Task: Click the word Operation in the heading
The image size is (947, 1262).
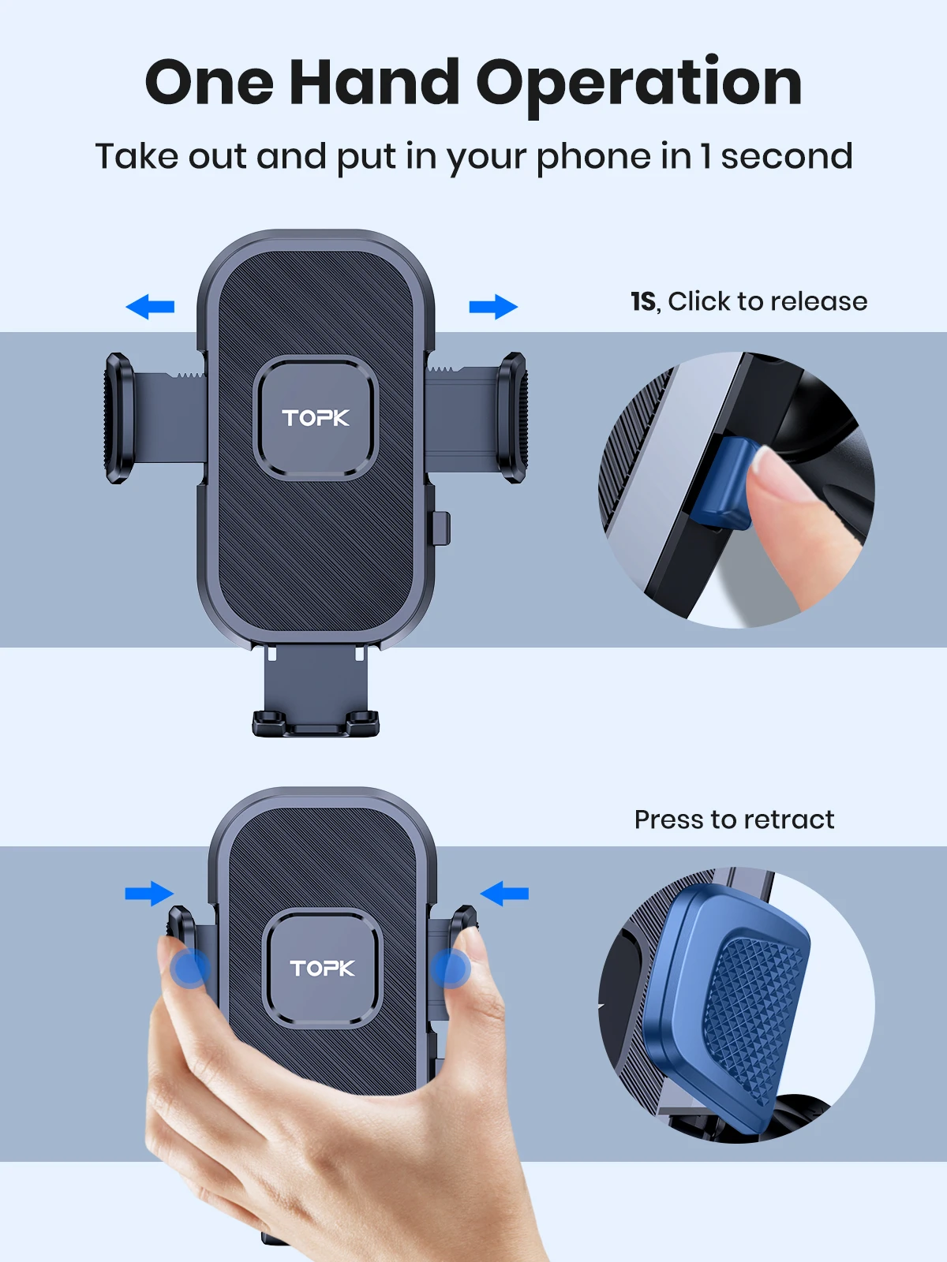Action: tap(639, 84)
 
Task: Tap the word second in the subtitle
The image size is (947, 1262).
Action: tap(786, 156)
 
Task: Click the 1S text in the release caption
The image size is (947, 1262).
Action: tap(642, 301)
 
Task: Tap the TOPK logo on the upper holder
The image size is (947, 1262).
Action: tap(316, 418)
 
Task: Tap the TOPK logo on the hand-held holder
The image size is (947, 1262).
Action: tap(322, 969)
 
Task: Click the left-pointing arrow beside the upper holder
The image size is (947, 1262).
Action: tap(150, 306)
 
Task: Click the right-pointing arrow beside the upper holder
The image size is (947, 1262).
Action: tap(493, 306)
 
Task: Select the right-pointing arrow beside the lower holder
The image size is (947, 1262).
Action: tap(149, 894)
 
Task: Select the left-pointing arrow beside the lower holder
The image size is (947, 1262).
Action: tap(504, 894)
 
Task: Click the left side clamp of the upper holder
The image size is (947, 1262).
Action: tap(118, 417)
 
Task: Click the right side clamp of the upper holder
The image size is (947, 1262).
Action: tap(511, 417)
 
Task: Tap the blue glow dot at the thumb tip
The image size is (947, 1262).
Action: tap(190, 968)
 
